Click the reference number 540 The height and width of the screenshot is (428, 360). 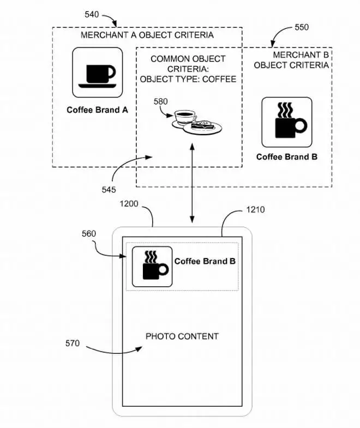click(x=92, y=15)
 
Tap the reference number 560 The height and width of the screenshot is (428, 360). click(x=88, y=234)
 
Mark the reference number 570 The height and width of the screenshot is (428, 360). click(x=72, y=343)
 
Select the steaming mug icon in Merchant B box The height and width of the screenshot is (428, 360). click(x=287, y=123)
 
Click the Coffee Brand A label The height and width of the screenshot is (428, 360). click(x=97, y=110)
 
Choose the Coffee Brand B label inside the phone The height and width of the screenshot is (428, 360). click(x=205, y=261)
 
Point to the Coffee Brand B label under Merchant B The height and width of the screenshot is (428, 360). click(x=287, y=157)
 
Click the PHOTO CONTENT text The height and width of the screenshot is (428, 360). click(x=182, y=336)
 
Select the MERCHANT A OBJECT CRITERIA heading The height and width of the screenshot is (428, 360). click(x=147, y=35)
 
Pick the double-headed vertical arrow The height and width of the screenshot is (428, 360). click(x=192, y=183)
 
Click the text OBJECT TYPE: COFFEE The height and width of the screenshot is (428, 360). click(x=188, y=79)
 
